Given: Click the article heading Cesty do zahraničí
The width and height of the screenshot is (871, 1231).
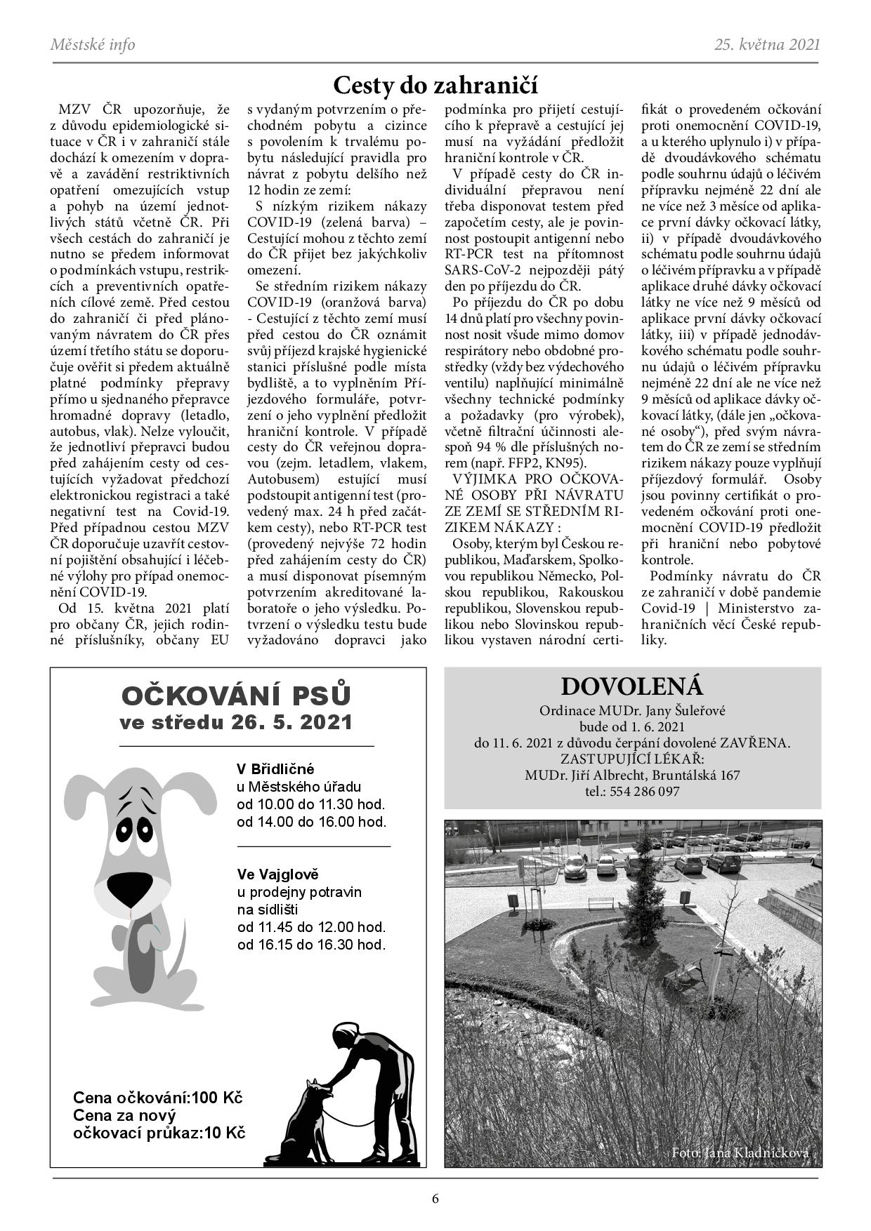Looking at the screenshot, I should click(x=435, y=85).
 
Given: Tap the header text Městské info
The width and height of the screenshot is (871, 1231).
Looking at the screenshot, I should click(x=93, y=45).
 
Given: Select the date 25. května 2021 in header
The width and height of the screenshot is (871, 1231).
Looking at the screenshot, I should click(x=767, y=45).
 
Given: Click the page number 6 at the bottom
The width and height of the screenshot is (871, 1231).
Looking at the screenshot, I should click(x=435, y=1197).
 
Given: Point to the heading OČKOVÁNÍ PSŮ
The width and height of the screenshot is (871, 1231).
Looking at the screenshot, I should click(x=236, y=696).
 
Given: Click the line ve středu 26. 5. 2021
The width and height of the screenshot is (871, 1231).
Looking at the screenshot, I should click(x=236, y=722).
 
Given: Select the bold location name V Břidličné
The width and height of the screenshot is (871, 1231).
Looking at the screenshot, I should click(x=276, y=768).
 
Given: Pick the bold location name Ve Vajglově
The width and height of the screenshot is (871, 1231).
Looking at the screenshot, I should click(x=278, y=874).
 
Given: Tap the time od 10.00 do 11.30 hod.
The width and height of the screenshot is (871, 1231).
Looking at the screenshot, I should click(x=311, y=804).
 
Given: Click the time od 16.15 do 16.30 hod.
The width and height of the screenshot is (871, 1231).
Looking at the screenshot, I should click(x=311, y=945).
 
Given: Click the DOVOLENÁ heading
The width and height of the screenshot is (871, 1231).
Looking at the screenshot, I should click(x=632, y=686).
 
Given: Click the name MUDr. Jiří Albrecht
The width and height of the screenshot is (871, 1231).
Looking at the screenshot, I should click(x=584, y=776).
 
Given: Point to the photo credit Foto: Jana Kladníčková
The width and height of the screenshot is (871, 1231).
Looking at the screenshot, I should click(x=740, y=1153).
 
